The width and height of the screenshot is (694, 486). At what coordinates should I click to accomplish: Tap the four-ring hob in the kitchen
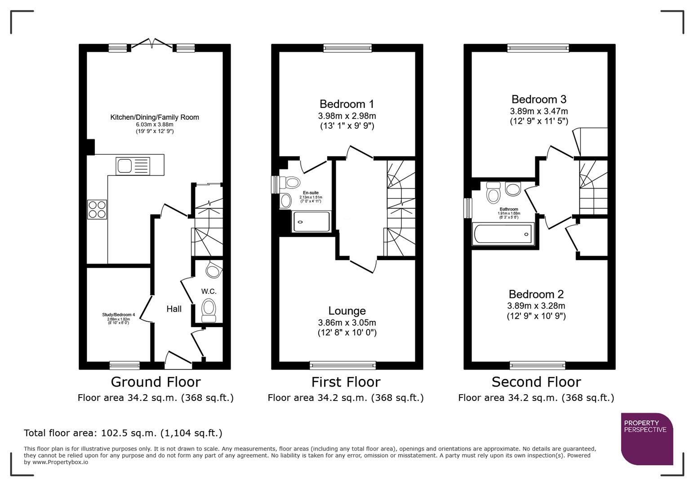pyautogui.click(x=97, y=209)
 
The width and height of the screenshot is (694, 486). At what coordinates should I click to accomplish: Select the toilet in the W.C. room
pyautogui.click(x=209, y=310)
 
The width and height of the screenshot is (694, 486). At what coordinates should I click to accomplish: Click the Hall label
pyautogui.click(x=174, y=309)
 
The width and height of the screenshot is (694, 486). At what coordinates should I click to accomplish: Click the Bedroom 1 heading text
pyautogui.click(x=347, y=104)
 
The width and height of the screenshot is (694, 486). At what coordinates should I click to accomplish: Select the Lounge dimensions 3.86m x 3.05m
pyautogui.click(x=347, y=323)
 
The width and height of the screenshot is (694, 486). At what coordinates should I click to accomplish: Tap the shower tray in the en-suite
pyautogui.click(x=311, y=221)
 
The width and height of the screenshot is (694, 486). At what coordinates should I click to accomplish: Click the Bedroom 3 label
pyautogui.click(x=538, y=99)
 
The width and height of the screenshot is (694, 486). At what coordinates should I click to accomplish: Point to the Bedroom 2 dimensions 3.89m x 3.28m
pyautogui.click(x=536, y=306)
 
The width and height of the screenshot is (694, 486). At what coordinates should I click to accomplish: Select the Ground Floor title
pyautogui.click(x=156, y=382)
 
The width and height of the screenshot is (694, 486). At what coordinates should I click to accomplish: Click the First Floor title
pyautogui.click(x=346, y=382)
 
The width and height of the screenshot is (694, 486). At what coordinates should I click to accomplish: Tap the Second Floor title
pyautogui.click(x=536, y=382)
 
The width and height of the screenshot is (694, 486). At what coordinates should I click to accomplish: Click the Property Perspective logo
pyautogui.click(x=646, y=438)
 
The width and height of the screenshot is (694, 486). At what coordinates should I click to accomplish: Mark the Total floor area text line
pyautogui.click(x=123, y=433)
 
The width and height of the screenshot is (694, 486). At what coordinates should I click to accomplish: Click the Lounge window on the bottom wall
pyautogui.click(x=343, y=365)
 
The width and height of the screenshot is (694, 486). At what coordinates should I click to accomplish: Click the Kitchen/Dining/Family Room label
pyautogui.click(x=155, y=117)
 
